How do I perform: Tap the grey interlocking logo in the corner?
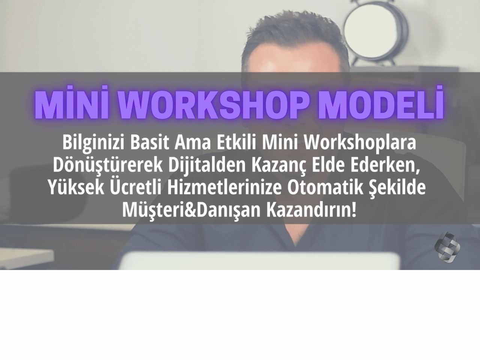pyautogui.click(x=447, y=247)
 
